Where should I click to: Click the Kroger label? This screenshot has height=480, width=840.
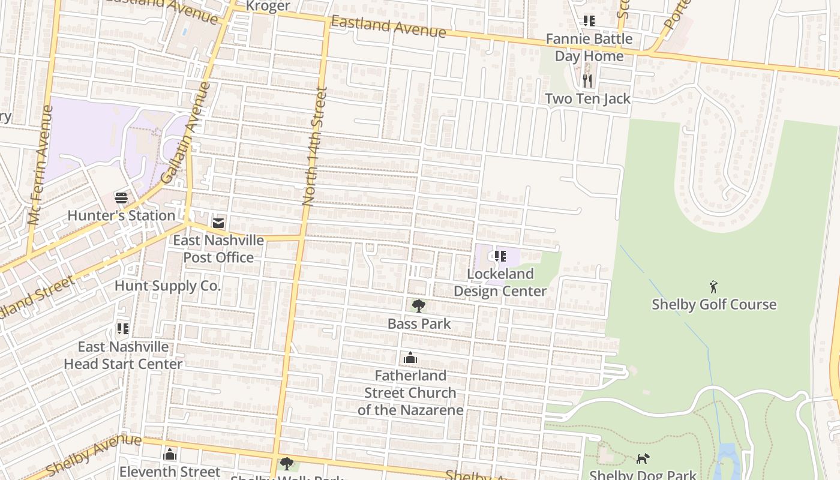[x=268, y=7]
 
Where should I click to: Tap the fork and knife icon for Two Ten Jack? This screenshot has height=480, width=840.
[x=587, y=80]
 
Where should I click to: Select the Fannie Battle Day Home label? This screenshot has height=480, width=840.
[x=589, y=47]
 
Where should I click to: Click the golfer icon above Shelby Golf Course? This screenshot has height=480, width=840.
[x=713, y=286]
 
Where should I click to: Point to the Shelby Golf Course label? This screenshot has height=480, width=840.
[x=714, y=304]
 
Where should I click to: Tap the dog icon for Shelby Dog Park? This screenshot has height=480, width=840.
[x=643, y=458]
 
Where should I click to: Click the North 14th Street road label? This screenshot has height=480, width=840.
[x=316, y=147]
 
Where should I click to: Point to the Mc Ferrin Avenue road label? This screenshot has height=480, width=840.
[x=40, y=165]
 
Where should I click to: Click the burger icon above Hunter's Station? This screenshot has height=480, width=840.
[x=121, y=197]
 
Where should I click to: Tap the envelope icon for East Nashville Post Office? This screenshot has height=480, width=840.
[x=218, y=223]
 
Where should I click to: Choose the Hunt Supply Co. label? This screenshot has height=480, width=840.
[x=167, y=286]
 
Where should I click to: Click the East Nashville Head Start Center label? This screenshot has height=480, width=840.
[x=123, y=355]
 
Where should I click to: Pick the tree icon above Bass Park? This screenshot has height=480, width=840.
[x=419, y=306]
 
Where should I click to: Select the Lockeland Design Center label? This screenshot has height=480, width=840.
[x=500, y=283]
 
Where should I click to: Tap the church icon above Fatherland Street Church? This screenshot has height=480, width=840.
[x=410, y=358]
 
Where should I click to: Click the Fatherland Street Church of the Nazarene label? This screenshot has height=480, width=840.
[x=410, y=393]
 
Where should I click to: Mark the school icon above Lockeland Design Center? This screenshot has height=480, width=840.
[x=500, y=256]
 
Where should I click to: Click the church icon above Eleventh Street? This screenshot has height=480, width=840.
[x=170, y=454]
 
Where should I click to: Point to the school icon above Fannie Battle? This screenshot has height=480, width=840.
[x=589, y=21]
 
